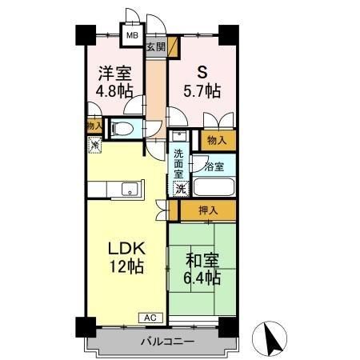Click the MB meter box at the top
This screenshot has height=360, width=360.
130,36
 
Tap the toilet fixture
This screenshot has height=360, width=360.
122,128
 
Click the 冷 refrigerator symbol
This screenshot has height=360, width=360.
94,146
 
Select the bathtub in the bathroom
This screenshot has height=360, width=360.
214,189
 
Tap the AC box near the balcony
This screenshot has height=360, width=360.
151,318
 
